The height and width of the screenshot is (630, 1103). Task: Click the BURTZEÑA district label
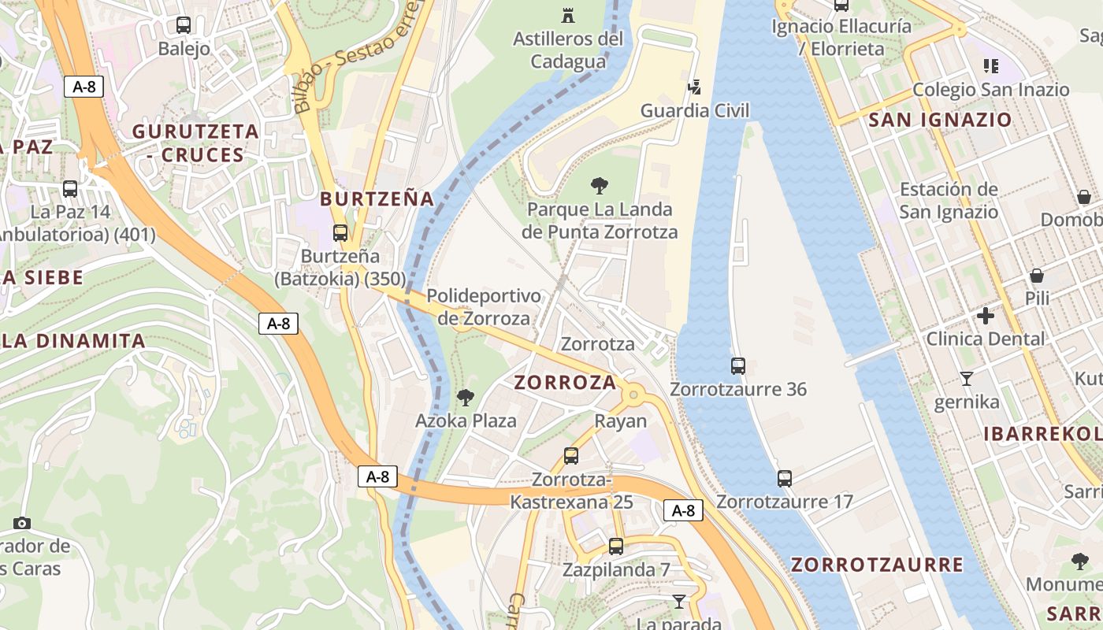[377, 198]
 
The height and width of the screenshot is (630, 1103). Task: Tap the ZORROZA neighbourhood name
[565, 383]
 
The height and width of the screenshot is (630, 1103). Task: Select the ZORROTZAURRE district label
[877, 565]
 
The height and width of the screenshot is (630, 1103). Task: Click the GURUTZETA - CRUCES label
[195, 143]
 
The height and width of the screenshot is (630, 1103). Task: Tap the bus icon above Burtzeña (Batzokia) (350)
[340, 233]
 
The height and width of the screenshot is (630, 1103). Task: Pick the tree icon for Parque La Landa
[599, 187]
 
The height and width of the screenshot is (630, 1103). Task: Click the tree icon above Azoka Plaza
[466, 397]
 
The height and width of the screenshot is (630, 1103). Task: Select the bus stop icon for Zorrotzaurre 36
[737, 366]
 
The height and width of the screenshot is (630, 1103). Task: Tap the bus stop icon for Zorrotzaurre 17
[784, 479]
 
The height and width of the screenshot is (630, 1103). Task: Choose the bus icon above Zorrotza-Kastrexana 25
[571, 456]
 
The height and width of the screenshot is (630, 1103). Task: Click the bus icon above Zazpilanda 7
[616, 547]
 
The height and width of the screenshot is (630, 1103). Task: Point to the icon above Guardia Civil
[695, 86]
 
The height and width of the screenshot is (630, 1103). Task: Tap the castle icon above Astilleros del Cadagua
[567, 15]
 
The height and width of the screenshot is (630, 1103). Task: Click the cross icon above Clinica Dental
[985, 316]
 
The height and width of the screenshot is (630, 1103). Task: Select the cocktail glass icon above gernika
[967, 379]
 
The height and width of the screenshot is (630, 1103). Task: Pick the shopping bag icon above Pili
[1037, 276]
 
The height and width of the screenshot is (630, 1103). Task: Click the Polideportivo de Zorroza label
[484, 307]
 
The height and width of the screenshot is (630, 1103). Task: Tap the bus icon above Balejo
[184, 25]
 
